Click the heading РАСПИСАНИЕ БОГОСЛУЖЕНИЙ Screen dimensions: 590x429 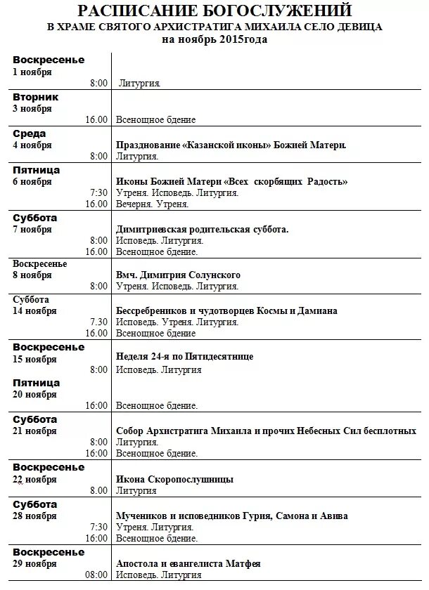[x=214, y=11]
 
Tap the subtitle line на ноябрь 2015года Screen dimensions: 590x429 [x=214, y=39]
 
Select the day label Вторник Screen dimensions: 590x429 [x=36, y=97]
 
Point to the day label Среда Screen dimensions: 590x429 [x=30, y=133]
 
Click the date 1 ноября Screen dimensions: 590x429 [x=32, y=72]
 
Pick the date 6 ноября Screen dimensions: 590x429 [x=32, y=182]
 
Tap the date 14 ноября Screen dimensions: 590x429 [x=34, y=310]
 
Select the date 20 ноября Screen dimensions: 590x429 [x=34, y=395]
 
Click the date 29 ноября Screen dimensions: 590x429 [x=34, y=563]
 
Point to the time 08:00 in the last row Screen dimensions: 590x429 [x=97, y=575]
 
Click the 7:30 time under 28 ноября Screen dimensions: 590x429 [x=98, y=527]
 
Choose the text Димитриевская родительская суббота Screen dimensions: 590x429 [x=202, y=229]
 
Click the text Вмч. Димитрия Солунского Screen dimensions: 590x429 [x=178, y=275]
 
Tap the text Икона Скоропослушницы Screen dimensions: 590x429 [x=174, y=479]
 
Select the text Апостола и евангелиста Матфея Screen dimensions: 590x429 [x=188, y=563]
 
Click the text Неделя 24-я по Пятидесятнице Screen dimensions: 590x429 [x=184, y=357]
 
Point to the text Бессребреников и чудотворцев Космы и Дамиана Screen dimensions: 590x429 [x=226, y=310]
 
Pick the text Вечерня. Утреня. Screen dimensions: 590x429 [x=152, y=204]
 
